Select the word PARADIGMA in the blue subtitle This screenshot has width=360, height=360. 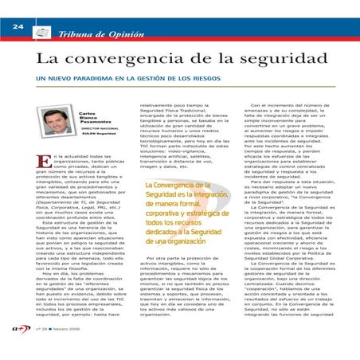(x=96, y=81)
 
